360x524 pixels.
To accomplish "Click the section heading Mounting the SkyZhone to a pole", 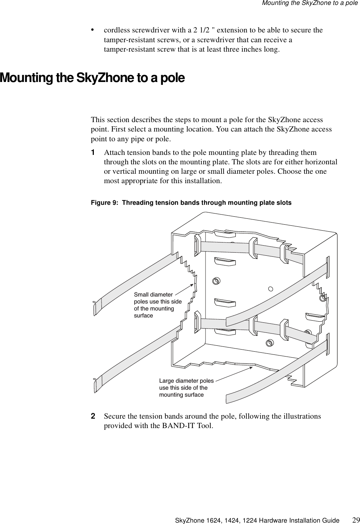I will click(x=92, y=77).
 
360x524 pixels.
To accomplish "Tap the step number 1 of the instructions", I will click(x=93, y=153).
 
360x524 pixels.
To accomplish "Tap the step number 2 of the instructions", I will click(x=93, y=416).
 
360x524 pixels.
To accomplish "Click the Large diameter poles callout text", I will click(x=186, y=387).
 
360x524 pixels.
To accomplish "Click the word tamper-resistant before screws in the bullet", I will click(x=128, y=40).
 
